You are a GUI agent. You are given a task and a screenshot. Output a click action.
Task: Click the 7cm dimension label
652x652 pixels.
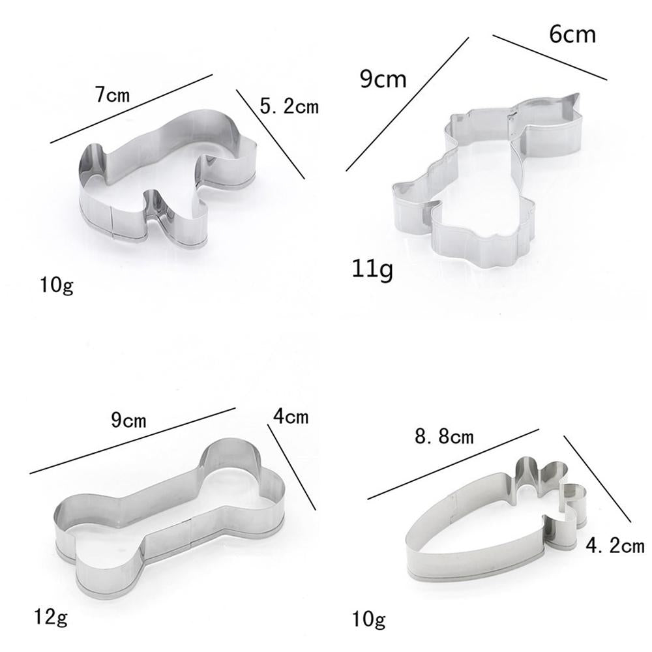(112, 95)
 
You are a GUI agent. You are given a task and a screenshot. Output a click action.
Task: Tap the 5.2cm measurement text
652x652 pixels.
(289, 106)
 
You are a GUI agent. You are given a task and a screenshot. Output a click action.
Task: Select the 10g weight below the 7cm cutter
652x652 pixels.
(57, 286)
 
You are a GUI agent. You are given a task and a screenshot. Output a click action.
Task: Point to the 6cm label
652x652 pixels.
(572, 34)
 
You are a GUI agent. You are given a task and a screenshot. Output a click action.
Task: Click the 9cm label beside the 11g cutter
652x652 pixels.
(383, 79)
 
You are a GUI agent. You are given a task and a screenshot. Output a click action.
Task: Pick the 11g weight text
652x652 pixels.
(372, 269)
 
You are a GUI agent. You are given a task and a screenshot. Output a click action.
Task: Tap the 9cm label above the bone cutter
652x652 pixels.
(128, 421)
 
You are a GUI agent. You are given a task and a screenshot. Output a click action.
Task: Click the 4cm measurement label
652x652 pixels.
(291, 416)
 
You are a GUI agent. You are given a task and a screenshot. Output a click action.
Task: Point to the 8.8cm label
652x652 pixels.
(444, 437)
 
